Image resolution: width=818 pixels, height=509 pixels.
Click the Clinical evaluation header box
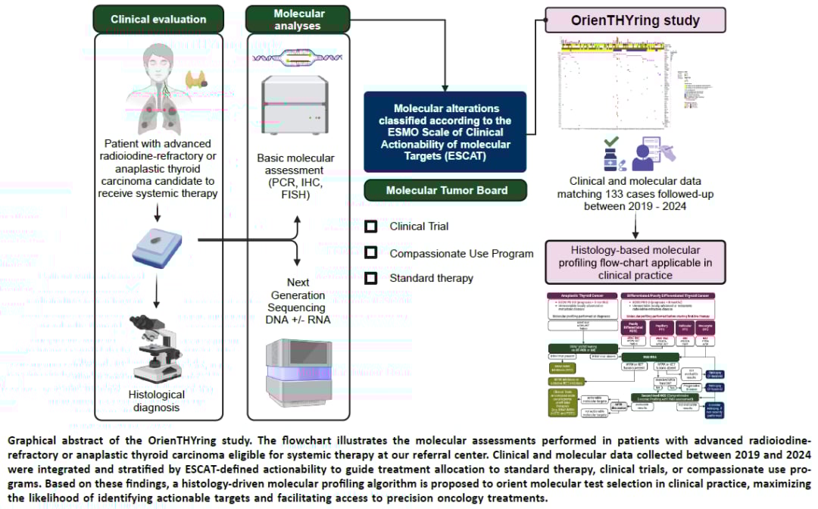coord(158,18)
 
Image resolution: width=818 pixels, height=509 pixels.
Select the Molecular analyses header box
coord(298,18)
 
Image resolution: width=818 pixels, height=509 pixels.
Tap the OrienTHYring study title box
coord(635,20)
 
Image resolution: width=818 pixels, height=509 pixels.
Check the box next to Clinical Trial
coord(371,226)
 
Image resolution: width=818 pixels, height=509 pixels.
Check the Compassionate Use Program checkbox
coord(371,252)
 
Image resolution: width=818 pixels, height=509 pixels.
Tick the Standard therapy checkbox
coord(371,278)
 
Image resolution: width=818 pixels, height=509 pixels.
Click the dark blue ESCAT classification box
coord(445,132)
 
